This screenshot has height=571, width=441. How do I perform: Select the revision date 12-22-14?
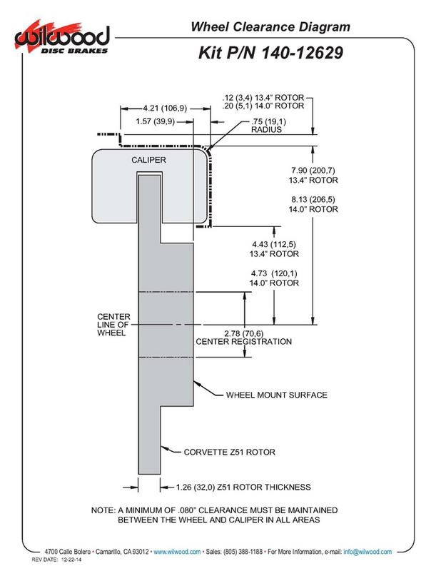(64, 562)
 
